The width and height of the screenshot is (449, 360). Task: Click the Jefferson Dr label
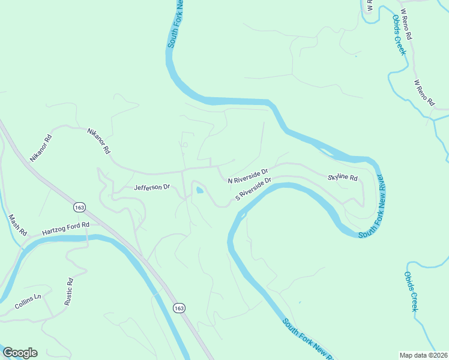[x=152, y=188]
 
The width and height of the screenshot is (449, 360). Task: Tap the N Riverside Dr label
[x=247, y=176]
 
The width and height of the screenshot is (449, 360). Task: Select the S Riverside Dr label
[x=253, y=188]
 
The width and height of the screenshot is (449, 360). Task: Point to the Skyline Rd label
[x=343, y=178]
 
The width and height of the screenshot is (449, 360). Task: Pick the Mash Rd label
[x=16, y=224]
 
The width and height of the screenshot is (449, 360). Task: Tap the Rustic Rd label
[x=69, y=292]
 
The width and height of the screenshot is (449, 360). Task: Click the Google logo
[x=20, y=353]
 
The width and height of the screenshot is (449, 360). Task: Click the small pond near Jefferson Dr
[x=199, y=191]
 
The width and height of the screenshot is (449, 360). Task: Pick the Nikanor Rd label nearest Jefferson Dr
[x=99, y=141]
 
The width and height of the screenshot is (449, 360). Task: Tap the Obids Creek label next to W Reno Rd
[x=399, y=35]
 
